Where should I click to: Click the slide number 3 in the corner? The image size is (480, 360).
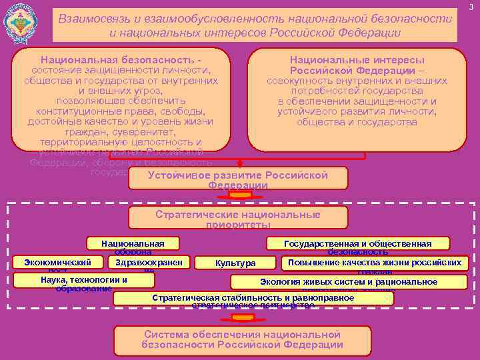(471, 7)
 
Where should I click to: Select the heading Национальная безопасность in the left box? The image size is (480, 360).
(121, 59)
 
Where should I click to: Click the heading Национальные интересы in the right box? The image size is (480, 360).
(357, 59)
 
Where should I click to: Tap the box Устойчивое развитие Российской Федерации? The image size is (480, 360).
(238, 177)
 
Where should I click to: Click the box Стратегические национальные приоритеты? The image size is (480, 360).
(237, 217)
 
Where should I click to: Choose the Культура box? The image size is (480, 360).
(235, 263)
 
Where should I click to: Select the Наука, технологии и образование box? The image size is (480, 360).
(84, 282)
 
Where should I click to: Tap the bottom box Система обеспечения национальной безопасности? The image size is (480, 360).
(242, 339)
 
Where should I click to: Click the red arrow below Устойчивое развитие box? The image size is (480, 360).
(238, 195)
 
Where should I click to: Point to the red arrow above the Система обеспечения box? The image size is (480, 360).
(241, 316)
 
